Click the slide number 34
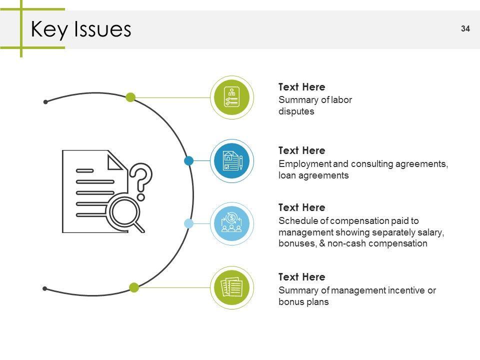pos(465,28)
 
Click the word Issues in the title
pos(102,29)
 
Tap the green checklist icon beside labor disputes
pos(231,97)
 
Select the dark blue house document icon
pos(231,160)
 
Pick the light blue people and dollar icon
pos(231,224)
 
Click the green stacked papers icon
pos(231,287)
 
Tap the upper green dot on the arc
pos(130,97)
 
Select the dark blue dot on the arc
pos(188,160)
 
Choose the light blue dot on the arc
pos(188,223)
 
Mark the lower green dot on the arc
pos(134,287)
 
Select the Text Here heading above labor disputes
pos(301,87)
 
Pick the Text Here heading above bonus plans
pos(301,277)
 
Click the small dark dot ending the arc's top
pos(45,102)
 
